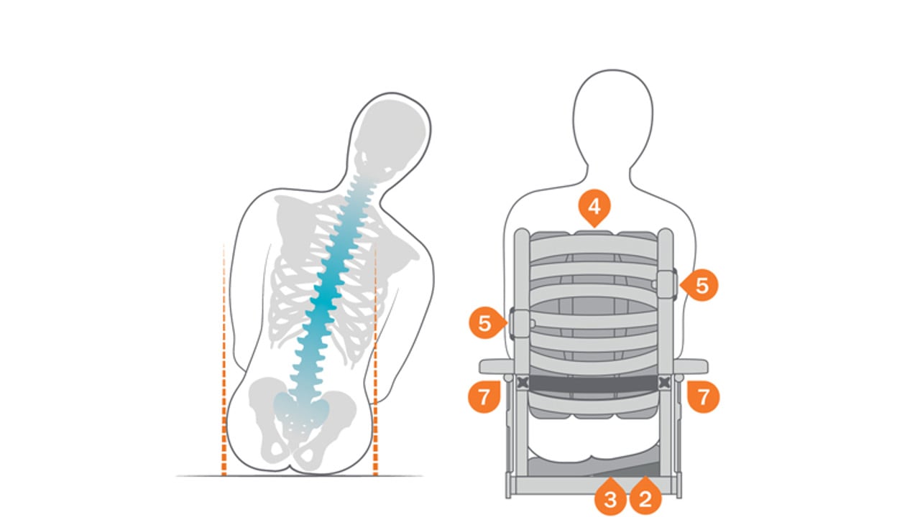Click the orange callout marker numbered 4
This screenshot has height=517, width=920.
(594, 208)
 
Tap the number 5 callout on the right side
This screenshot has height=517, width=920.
(701, 285)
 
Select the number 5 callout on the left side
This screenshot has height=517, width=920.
(485, 323)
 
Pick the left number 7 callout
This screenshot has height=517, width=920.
(484, 396)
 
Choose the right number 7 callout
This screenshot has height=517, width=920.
(703, 396)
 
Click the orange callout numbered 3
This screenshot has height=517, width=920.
(610, 499)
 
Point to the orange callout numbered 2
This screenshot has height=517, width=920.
(645, 499)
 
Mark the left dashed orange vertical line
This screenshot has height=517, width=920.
(224, 359)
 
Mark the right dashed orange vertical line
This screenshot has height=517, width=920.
(375, 359)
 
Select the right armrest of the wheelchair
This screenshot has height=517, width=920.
(691, 366)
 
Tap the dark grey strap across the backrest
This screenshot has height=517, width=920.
(594, 383)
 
